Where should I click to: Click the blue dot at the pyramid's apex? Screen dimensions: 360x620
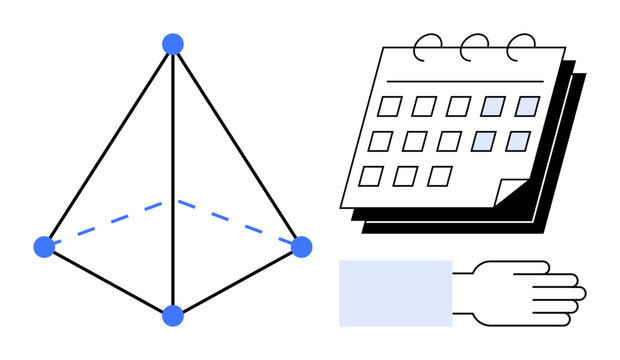pos(173,44)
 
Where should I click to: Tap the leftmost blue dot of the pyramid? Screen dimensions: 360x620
pos(44,246)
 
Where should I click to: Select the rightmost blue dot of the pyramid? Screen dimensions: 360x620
pos(301,246)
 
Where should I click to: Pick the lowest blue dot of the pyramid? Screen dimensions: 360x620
pos(173,316)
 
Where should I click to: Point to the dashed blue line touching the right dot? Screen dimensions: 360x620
pos(240,223)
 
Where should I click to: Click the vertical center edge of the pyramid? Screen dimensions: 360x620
pos(173,180)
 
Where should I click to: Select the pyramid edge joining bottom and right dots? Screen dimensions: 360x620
pos(237,281)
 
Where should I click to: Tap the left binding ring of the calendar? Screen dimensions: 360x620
pos(428,45)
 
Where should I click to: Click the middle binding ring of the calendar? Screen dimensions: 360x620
pos(474,45)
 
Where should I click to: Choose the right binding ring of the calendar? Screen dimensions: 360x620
pos(520,45)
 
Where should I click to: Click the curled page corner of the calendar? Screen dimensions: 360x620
pos(511,191)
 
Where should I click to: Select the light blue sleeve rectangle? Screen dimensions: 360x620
pos(395,293)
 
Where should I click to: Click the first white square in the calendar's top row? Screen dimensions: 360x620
pos(389,106)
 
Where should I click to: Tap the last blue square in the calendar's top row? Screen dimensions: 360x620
pos(527,106)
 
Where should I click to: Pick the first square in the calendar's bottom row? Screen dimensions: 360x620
pos(371,176)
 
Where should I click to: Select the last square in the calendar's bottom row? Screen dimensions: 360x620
pos(439,176)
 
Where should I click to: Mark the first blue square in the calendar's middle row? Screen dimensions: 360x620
pos(484,141)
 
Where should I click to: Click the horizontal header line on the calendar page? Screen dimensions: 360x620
pos(470,81)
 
